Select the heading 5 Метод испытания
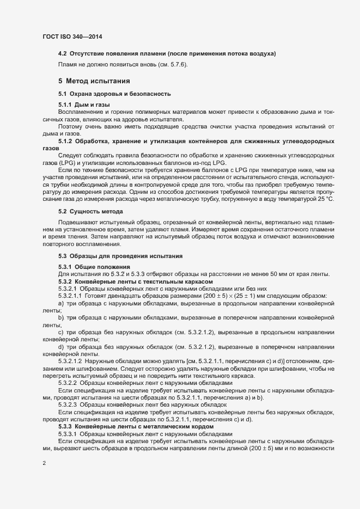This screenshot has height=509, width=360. (x=94, y=81)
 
